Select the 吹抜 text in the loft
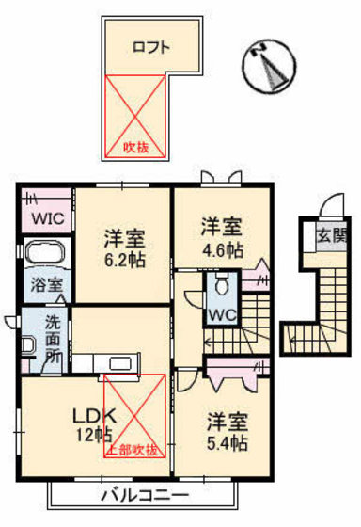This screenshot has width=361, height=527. coord(137,146)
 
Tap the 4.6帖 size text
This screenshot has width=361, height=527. coord(222,251)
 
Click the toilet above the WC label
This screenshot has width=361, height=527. coord(222,283)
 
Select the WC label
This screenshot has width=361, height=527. coord(223,312)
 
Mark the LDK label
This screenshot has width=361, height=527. coord(90,414)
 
